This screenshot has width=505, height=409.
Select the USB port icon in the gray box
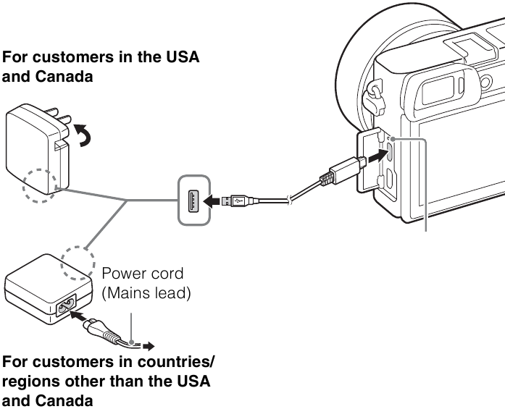tap(193, 197)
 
